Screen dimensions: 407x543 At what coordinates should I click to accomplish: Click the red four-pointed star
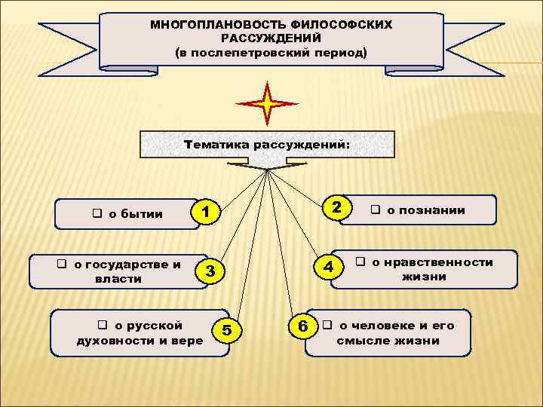coord(267,103)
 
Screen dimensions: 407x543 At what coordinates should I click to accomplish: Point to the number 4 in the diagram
coord(329,266)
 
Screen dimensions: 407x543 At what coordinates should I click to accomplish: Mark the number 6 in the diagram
coord(302,326)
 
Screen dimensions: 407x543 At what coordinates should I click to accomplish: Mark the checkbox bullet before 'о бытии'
coord(97,213)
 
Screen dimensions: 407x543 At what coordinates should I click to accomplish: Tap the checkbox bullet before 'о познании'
coord(375,210)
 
